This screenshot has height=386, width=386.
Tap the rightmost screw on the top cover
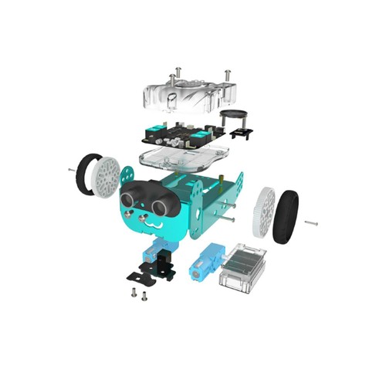point(227,75)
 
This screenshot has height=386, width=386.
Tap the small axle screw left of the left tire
point(72,169)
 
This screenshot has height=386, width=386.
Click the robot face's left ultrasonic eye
point(129,192)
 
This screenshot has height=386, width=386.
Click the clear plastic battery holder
point(243,268)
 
